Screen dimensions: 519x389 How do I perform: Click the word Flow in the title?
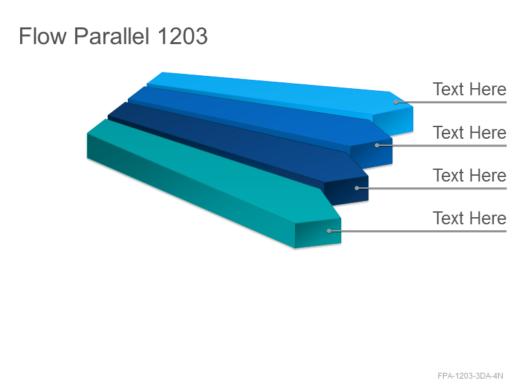coord(43,36)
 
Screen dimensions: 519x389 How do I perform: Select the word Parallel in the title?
coord(111,36)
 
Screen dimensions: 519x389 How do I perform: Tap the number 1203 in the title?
coord(182,36)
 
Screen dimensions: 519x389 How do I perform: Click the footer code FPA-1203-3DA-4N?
coord(470,376)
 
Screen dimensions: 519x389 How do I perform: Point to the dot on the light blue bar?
coord(396,102)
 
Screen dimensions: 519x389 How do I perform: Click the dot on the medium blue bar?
coord(377,145)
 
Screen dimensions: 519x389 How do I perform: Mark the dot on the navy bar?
coord(357,188)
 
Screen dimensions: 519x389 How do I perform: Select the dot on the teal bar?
coord(329,231)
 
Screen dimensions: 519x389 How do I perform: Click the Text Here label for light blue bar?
coord(470,89)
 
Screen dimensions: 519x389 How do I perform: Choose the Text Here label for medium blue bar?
coord(470,132)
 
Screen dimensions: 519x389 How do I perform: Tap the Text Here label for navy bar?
coord(470,175)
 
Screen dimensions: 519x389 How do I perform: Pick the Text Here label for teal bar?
coord(470,218)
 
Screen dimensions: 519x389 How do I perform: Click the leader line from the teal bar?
coord(418,231)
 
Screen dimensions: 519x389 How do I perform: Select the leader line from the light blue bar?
coord(451,102)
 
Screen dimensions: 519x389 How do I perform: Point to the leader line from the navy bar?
coord(431,188)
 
